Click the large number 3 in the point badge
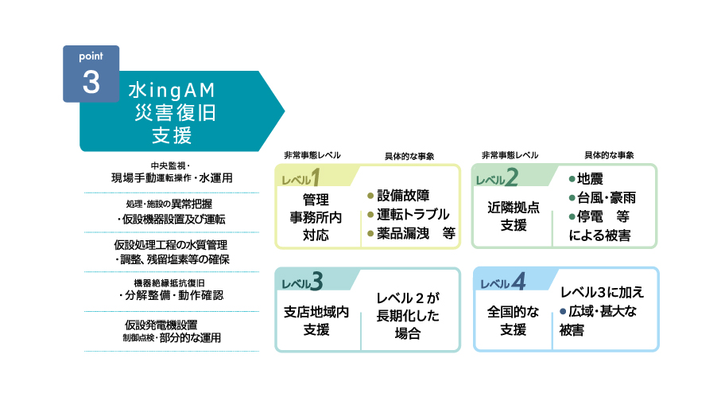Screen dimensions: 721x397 click(x=91, y=82)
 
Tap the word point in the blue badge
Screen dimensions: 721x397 click(x=91, y=56)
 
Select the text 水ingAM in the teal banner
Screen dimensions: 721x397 click(x=172, y=91)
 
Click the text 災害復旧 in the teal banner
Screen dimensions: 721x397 click(x=175, y=113)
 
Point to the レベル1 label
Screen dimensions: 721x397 click(x=300, y=177)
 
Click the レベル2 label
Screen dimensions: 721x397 click(x=497, y=177)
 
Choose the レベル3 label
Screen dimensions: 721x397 click(x=302, y=281)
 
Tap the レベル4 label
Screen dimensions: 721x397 click(x=502, y=281)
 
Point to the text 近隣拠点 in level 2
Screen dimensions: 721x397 click(x=514, y=208)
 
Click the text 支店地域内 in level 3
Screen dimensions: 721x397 click(x=316, y=312)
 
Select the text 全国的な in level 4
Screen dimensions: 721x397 click(x=513, y=312)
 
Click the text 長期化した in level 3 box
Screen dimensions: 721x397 click(x=408, y=316)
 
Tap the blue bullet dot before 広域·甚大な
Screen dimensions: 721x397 click(x=562, y=311)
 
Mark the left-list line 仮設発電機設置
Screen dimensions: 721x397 click(x=161, y=325)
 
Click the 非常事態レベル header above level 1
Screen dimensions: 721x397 click(x=312, y=155)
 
